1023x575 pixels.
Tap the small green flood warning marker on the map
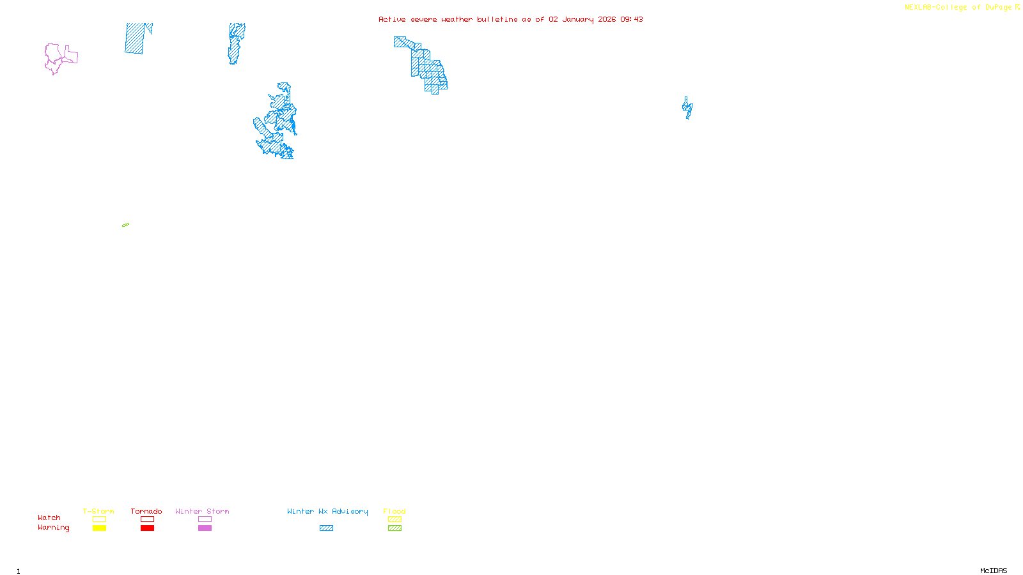point(125,225)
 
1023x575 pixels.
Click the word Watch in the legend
point(49,518)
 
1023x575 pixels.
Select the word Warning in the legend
point(54,528)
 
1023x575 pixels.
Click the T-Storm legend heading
point(98,511)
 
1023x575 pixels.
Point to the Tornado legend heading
point(146,511)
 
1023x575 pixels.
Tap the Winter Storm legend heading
point(202,511)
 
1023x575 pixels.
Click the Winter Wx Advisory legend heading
point(327,511)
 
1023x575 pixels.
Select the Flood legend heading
point(394,511)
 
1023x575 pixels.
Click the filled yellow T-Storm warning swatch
point(99,528)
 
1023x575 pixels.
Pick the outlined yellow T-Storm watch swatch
point(99,519)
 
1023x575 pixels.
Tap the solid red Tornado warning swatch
point(147,528)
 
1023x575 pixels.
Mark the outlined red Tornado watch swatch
point(147,519)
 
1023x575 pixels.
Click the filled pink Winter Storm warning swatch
point(205,528)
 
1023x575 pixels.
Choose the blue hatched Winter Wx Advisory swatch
point(326,528)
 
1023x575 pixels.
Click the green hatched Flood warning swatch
point(394,528)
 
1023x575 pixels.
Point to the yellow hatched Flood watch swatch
point(394,519)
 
